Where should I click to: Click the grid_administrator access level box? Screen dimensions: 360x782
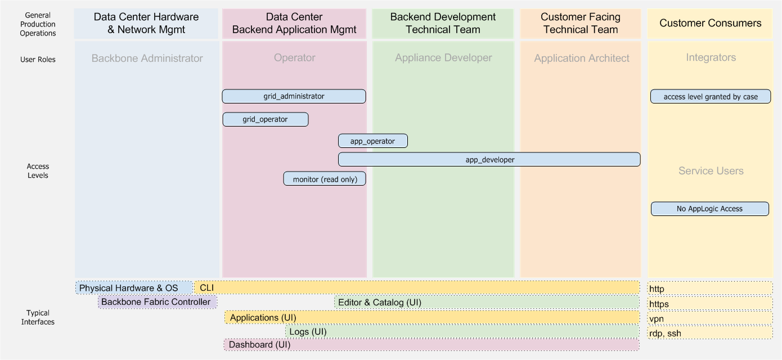[x=294, y=96]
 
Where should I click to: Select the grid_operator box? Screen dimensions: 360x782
[x=265, y=119]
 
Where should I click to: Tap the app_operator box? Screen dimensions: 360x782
[x=372, y=141]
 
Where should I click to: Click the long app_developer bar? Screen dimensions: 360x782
[x=489, y=160]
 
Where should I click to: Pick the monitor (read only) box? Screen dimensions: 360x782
[x=325, y=179]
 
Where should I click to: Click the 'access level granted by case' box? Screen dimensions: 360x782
[x=710, y=97]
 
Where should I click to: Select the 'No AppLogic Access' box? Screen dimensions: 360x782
[x=709, y=209]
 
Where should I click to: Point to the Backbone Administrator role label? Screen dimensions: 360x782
[x=147, y=58]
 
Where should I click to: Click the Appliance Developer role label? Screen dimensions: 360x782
[x=443, y=58]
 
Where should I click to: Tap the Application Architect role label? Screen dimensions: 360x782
[x=582, y=58]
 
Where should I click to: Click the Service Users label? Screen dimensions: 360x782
[x=711, y=171]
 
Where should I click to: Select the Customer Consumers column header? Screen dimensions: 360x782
[x=710, y=23]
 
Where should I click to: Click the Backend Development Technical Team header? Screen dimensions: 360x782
[x=443, y=24]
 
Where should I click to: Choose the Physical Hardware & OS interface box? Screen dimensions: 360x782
[x=129, y=288]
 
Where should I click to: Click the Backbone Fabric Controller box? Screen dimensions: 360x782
[x=156, y=302]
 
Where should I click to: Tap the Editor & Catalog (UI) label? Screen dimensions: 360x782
[x=379, y=303]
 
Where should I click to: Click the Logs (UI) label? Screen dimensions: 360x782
[x=308, y=332]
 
